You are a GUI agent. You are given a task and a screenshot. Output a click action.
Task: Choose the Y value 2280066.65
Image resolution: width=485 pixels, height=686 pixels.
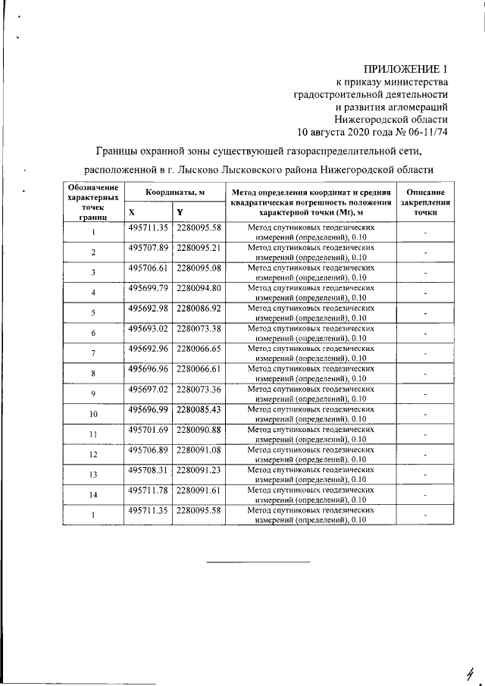click(x=198, y=349)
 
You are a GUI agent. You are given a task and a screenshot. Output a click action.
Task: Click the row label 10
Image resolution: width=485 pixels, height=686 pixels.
click(x=93, y=415)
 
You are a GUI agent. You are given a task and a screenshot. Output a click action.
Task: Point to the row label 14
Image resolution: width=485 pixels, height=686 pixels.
click(x=93, y=496)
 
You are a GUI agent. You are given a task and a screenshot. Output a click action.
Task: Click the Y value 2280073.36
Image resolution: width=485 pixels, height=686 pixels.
click(x=198, y=389)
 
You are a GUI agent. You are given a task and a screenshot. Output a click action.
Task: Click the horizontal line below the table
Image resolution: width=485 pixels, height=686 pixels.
click(x=259, y=562)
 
